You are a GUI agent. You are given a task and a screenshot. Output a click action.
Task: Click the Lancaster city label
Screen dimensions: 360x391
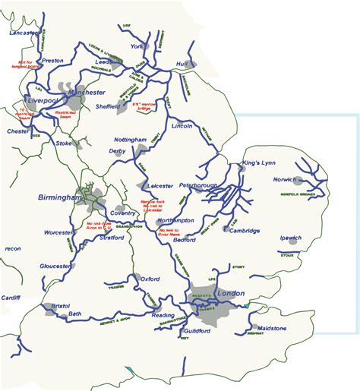click(22, 33)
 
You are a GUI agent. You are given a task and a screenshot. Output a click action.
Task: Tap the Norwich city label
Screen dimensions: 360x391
click(288, 180)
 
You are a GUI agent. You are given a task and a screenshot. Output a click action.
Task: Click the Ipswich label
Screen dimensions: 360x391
click(290, 238)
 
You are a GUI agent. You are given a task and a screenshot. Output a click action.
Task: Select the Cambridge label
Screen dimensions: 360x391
click(245, 231)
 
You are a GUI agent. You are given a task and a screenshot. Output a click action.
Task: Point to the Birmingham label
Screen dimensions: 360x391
click(59, 197)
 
